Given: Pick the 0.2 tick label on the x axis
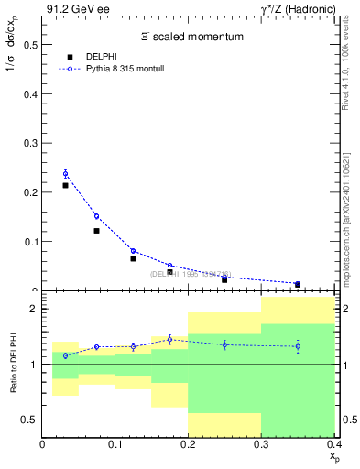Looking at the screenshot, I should (x=188, y=445).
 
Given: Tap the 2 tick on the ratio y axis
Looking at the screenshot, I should (x=34, y=310).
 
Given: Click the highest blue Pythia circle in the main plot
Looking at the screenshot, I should (x=65, y=173).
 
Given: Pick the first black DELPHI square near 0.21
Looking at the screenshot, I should (x=65, y=185).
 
